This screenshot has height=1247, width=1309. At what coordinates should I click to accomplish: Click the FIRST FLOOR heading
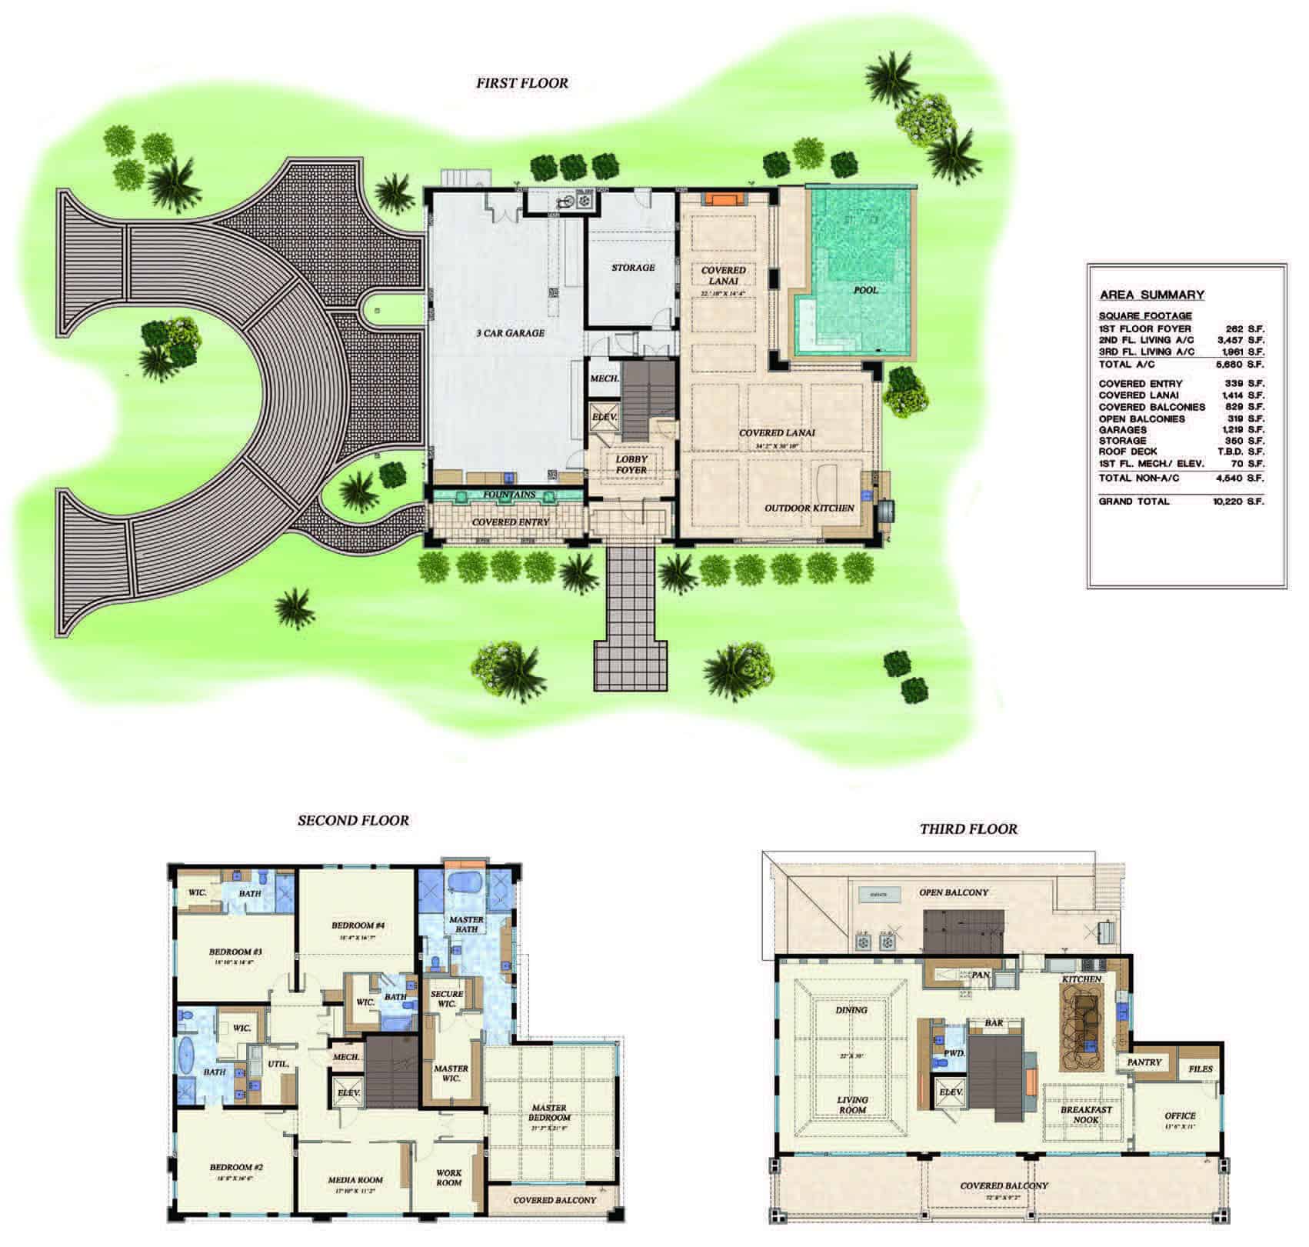(521, 83)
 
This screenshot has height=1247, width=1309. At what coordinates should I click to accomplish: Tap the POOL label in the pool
(865, 290)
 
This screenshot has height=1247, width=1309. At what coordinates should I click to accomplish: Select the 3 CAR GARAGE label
(509, 333)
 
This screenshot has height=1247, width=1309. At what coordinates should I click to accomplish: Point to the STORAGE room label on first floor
(633, 268)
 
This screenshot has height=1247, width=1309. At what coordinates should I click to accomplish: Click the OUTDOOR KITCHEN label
(808, 508)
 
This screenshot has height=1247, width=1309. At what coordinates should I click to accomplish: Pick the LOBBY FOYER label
(631, 465)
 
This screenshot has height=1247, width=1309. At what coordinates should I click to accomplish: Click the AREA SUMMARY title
(1151, 295)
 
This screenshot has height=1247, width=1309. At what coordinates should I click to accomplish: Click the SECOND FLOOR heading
(353, 821)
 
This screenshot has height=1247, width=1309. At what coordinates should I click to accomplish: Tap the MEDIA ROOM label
(355, 1180)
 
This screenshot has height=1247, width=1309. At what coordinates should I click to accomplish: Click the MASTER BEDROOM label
(549, 1113)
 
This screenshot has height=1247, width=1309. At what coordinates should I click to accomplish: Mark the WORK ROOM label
(449, 1178)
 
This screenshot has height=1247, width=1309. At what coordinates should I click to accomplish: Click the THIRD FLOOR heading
(968, 829)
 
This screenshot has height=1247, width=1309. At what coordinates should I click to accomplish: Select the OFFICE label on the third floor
(1180, 1115)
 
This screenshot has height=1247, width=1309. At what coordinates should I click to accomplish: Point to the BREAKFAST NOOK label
(1086, 1115)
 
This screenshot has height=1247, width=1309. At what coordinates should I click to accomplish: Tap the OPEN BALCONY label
(953, 892)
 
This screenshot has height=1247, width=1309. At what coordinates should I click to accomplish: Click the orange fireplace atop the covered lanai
(722, 199)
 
